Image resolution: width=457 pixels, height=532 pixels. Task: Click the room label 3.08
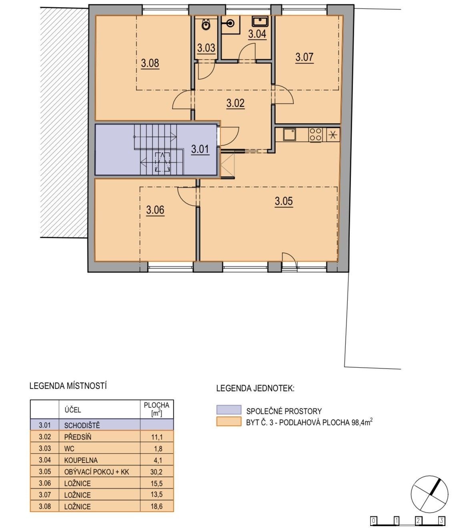point(150,63)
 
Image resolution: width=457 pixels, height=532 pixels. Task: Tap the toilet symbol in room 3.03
point(205,24)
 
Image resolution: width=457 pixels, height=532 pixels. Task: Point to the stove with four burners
point(315,134)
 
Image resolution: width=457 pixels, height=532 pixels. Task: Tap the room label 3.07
point(304,57)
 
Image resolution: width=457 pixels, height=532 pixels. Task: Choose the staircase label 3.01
point(200,149)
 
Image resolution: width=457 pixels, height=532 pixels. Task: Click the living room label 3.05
point(284,201)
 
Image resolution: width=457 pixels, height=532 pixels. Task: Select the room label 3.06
point(155,210)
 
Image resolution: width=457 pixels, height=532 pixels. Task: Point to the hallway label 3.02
point(235,103)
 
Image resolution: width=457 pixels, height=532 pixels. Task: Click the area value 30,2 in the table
point(156,472)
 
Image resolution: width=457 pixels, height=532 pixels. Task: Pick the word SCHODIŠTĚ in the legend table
point(82,425)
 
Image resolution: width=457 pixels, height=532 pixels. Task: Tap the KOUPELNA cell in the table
point(99,460)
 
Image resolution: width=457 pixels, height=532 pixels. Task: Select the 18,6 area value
point(156,506)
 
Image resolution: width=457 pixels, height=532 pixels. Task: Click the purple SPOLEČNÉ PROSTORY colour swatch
point(228,410)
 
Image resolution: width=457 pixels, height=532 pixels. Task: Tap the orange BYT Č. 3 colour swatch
point(228,421)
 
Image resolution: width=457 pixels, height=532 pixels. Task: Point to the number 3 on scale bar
point(441,521)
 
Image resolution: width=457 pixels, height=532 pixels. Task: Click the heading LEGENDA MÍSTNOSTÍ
point(68,386)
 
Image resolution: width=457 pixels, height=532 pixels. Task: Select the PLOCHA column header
point(156,409)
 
